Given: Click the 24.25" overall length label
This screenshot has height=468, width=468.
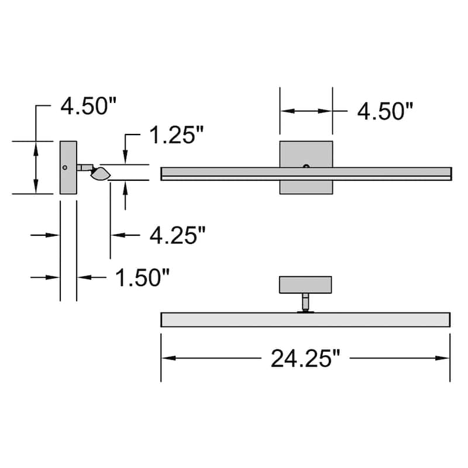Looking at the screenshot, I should pyautogui.click(x=305, y=358).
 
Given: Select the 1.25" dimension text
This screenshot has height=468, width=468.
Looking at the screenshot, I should pyautogui.click(x=175, y=136).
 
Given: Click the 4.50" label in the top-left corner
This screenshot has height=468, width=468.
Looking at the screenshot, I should pyautogui.click(x=89, y=106).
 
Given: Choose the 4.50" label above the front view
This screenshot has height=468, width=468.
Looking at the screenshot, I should pyautogui.click(x=386, y=111).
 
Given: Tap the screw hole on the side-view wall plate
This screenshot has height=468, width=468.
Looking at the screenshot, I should pyautogui.click(x=64, y=167).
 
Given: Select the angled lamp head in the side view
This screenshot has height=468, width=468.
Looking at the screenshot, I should pyautogui.click(x=101, y=173).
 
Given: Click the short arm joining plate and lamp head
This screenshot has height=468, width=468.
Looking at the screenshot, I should pyautogui.click(x=84, y=168).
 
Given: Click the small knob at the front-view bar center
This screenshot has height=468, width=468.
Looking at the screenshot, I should pyautogui.click(x=306, y=167).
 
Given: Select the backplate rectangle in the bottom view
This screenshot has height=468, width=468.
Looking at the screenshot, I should pyautogui.click(x=305, y=285).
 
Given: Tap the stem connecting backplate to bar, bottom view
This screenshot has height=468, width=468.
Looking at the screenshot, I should pyautogui.click(x=305, y=302).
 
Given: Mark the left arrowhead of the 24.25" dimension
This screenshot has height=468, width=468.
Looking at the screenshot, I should pyautogui.click(x=166, y=358).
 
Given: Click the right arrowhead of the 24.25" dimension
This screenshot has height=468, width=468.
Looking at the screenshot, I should pyautogui.click(x=445, y=358).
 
